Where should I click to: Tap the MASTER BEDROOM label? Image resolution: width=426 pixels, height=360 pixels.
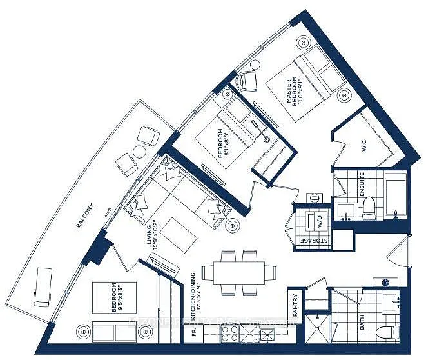294,92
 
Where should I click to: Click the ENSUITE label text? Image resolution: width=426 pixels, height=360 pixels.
362,185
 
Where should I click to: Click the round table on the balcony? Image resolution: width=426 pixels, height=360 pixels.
140,152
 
